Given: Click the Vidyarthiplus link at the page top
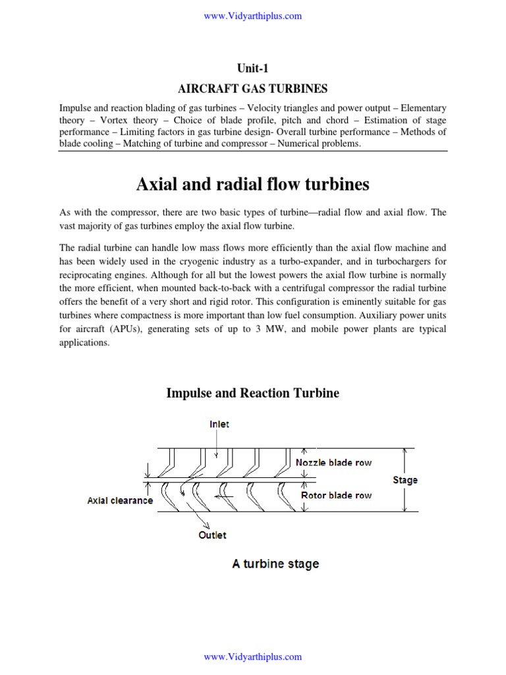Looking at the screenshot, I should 253,16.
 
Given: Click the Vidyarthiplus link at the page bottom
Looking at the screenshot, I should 253,657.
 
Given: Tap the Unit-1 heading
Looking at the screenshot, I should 253,67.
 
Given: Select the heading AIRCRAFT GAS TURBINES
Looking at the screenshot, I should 253,88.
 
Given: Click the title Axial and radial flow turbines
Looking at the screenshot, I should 253,185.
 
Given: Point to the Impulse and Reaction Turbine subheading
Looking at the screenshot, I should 253,394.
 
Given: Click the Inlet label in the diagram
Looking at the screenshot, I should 219,424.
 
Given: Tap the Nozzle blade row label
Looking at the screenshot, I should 333,462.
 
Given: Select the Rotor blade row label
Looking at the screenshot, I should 336,495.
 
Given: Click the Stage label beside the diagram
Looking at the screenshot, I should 405,480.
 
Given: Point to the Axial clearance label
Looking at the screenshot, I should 120,500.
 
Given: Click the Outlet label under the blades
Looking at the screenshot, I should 212,535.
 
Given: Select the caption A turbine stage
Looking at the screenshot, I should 275,564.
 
